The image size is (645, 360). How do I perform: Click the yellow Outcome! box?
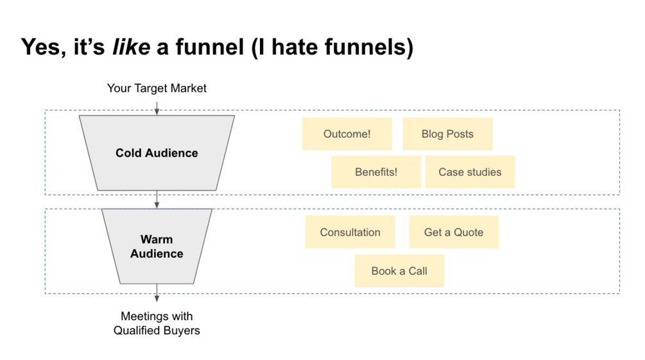(x=347, y=134)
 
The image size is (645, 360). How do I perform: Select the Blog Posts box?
(x=447, y=134)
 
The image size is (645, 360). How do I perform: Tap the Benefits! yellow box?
(x=376, y=172)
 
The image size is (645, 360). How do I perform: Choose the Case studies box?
(x=470, y=172)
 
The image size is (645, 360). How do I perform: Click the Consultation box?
(x=350, y=232)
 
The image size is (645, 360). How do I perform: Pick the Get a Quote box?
(x=453, y=232)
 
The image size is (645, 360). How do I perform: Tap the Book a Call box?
(x=399, y=271)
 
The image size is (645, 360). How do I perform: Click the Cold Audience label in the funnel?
(x=157, y=153)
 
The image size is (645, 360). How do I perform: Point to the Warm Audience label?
(x=157, y=246)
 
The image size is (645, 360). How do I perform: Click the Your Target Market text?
(x=157, y=88)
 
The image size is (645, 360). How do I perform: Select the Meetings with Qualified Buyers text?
(x=157, y=323)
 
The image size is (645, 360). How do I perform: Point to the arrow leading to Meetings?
(x=157, y=293)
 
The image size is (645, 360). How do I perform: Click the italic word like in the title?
(x=131, y=47)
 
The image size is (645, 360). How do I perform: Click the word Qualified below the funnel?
(x=137, y=331)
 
